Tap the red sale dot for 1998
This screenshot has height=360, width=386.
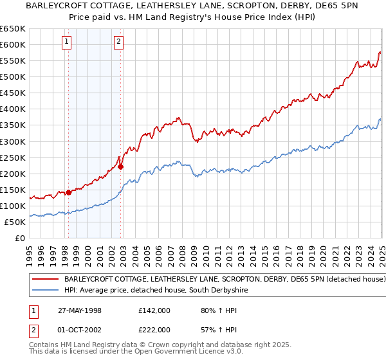tap(68, 192)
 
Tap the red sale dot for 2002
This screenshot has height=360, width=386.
tap(120, 166)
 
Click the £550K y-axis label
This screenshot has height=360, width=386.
tap(14, 61)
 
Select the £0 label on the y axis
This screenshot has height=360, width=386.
tap(19, 239)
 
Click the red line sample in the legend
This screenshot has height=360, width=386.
tap(45, 280)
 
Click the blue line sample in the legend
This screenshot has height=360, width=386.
tap(45, 291)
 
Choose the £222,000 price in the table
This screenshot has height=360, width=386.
tap(154, 330)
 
